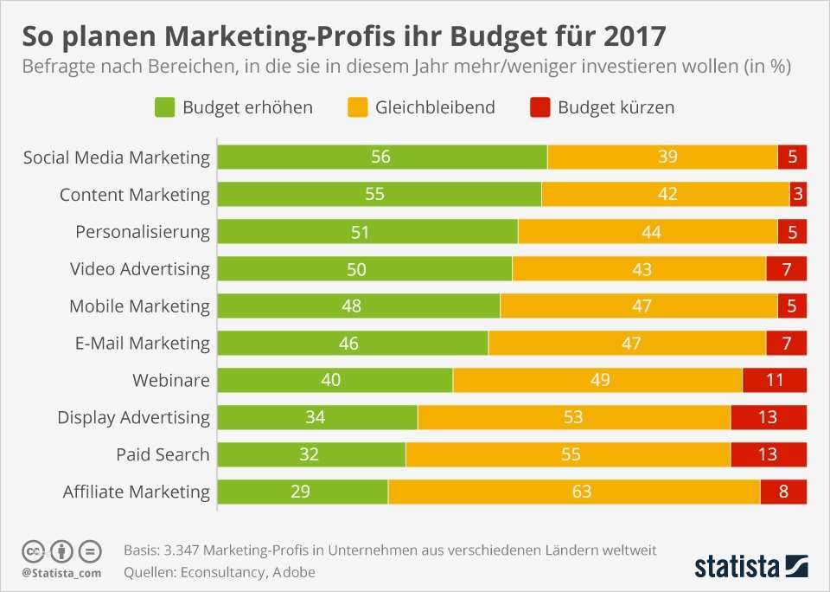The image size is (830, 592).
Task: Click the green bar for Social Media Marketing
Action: [x=382, y=157]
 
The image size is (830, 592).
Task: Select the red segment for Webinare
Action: [x=774, y=380]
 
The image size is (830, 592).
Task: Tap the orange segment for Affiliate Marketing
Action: [x=574, y=492]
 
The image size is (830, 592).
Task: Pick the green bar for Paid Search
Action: [x=311, y=454]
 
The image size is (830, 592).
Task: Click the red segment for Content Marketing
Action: [x=798, y=194]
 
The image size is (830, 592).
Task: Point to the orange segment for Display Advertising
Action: [x=574, y=417]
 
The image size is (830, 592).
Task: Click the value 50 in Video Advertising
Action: [x=356, y=269]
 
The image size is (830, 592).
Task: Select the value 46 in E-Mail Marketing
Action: [x=349, y=344]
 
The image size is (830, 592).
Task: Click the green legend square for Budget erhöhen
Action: [x=164, y=107]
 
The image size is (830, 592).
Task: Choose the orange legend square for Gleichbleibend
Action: [x=357, y=107]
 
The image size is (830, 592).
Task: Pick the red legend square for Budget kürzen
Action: [x=539, y=107]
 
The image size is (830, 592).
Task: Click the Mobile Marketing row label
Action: [x=139, y=306]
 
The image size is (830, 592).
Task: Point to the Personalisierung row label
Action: [x=143, y=231]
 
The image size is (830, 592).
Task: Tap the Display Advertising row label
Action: [x=133, y=417]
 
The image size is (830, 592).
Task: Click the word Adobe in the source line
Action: [x=293, y=572]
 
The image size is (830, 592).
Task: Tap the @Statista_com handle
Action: [x=61, y=573]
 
